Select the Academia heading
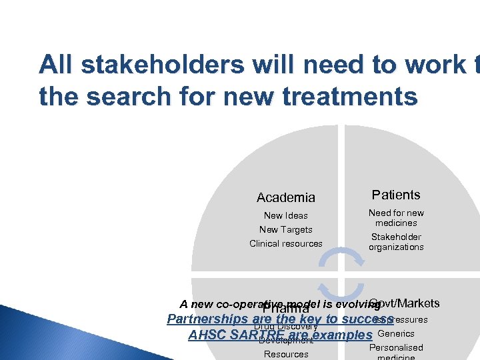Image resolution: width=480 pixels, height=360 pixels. [x=286, y=197]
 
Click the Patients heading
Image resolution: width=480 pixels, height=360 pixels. [x=396, y=195]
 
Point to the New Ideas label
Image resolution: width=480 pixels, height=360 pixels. [x=286, y=215]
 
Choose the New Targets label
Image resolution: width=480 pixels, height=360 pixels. [x=286, y=229]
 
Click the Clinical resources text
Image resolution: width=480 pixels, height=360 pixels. [x=286, y=243]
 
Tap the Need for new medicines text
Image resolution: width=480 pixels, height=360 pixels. [x=396, y=218]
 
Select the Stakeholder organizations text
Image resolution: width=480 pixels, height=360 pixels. [x=396, y=242]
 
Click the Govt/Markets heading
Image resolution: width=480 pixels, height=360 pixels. [x=404, y=303]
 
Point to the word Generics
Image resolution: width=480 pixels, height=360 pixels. [x=396, y=333]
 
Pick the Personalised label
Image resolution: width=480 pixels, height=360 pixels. [x=396, y=347]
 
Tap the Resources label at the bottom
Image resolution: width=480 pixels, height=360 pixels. [x=286, y=354]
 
